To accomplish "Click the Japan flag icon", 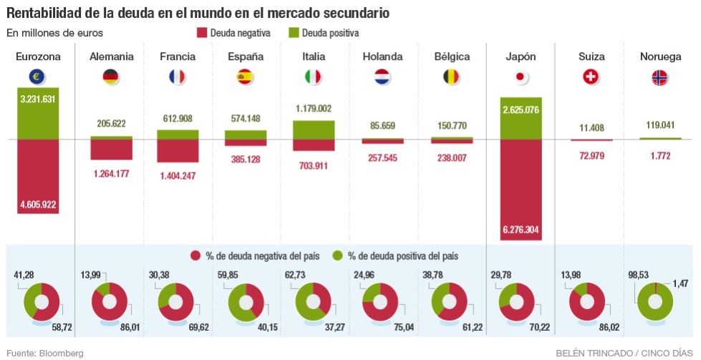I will coord(521,77).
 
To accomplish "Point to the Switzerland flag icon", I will coord(591,77).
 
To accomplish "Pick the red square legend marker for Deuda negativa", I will coord(201,33).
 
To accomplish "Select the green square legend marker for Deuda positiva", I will coord(293,33).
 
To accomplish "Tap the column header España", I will coord(246,57).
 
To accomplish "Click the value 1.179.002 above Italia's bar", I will coord(314,108).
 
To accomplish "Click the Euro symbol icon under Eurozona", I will coord(38,77).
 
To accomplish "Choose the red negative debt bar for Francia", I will coord(178,150).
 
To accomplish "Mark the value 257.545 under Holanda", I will coord(382,157).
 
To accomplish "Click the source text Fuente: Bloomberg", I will coord(45,353).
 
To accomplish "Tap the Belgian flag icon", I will coord(452,77).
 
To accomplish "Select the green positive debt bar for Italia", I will coord(314,130).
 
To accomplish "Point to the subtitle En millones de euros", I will coord(55,33).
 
